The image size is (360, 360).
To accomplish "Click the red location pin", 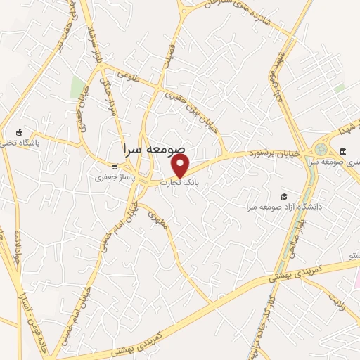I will pyautogui.click(x=181, y=165).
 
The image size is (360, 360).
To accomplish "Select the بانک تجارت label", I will pyautogui.click(x=180, y=182).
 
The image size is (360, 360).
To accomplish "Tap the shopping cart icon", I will pyautogui.click(x=114, y=167).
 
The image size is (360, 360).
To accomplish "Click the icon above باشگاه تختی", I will pyautogui.click(x=19, y=132).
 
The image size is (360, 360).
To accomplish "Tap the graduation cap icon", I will pyautogui.click(x=284, y=196).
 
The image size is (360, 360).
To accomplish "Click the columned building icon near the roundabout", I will pyautogui.click(x=342, y=151).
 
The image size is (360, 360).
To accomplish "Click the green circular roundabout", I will pyautogui.click(x=321, y=150).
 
